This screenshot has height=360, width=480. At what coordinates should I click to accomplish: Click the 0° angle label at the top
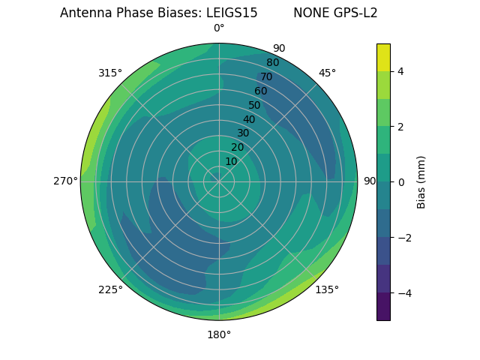[219, 28]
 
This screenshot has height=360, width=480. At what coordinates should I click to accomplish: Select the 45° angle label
[327, 73]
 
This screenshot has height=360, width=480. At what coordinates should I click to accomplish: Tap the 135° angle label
[327, 289]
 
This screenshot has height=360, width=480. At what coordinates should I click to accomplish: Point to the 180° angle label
[219, 334]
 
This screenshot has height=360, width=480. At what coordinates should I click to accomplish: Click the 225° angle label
[110, 289]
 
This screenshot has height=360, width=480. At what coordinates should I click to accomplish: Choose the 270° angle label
[65, 181]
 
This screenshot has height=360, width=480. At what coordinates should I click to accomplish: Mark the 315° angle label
[110, 73]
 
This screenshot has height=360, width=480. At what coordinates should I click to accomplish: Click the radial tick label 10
[231, 161]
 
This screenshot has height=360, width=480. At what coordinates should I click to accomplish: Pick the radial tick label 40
[249, 119]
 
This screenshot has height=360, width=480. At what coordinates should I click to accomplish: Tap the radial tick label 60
[261, 91]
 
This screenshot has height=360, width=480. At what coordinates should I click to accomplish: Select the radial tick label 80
[272, 63]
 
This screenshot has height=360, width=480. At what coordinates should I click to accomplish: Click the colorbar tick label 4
[400, 71]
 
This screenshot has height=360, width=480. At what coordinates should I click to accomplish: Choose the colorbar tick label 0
[400, 182]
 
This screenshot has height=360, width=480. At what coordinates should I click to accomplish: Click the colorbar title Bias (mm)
[421, 182]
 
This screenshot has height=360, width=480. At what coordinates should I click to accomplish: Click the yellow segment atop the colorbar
[383, 57]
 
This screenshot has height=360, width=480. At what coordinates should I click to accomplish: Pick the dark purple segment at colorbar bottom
[383, 307]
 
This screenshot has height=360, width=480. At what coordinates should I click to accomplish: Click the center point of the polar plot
[219, 181]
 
